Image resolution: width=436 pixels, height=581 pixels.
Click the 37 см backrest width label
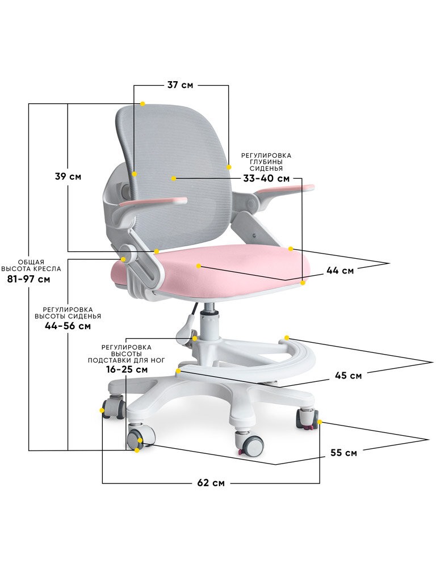[180, 85]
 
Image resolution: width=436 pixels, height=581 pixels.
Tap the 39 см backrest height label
[68, 176]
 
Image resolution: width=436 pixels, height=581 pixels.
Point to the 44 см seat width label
[340, 271]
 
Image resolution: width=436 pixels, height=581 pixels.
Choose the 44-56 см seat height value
[68, 326]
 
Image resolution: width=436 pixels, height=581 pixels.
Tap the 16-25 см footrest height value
[127, 369]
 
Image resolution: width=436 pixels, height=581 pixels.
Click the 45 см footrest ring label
[348, 376]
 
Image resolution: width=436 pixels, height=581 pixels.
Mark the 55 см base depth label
[343, 453]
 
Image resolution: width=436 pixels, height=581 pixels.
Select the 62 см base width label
[211, 483]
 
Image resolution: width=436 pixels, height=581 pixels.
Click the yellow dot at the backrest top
[142, 104]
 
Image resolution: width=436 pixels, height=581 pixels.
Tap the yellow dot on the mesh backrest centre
[173, 179]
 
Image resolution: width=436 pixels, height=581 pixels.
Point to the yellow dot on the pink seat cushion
[198, 266]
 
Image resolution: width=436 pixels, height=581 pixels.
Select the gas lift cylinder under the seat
[211, 323]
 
